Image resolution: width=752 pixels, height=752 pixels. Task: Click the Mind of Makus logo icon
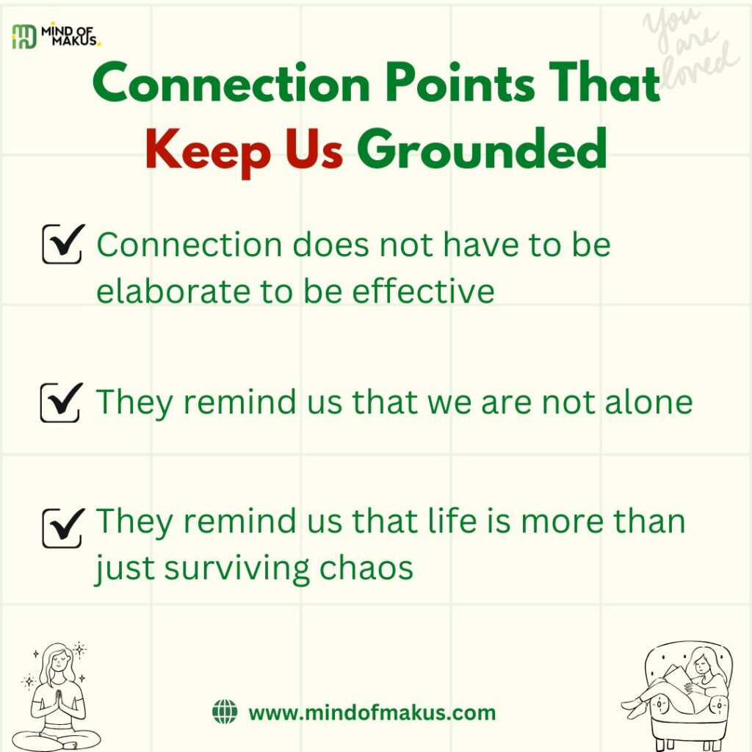click(23, 36)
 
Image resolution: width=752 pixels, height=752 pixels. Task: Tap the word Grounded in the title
click(482, 149)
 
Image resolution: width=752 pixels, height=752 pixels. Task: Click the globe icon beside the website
click(225, 712)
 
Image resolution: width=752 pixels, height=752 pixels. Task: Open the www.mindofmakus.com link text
click(372, 712)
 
